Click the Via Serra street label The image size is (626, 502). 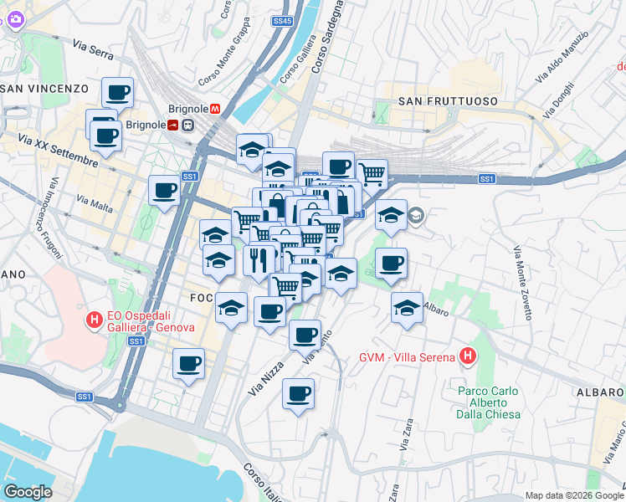point(93,49)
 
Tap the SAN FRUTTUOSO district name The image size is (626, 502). point(448,101)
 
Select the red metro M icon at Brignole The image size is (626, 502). point(215,108)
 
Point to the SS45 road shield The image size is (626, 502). point(283,20)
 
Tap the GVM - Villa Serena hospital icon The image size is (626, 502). point(468,357)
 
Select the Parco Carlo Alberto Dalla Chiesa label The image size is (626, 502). point(489,402)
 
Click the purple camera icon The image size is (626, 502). point(15,20)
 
